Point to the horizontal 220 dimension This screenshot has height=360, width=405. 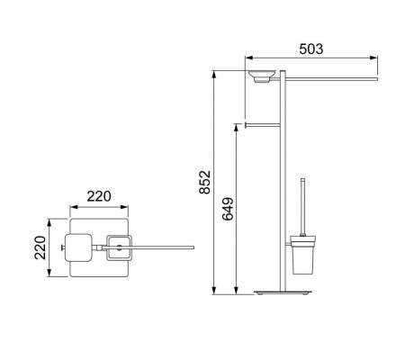point(100,196)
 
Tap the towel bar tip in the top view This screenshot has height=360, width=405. point(191,244)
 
